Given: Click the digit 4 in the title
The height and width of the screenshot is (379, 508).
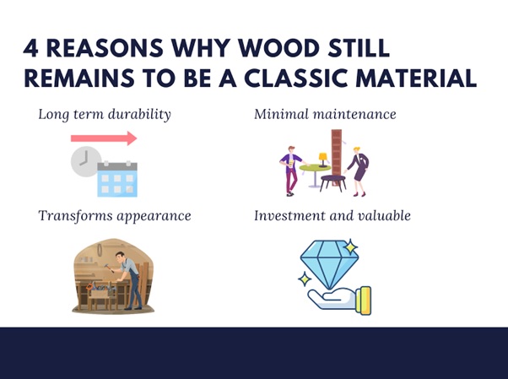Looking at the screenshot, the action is [x=30, y=48].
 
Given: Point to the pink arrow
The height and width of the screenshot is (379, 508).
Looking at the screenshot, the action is [x=104, y=138].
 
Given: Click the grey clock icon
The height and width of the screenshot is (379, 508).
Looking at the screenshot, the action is [x=85, y=161].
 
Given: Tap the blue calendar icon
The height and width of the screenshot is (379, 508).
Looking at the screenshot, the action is [x=117, y=179].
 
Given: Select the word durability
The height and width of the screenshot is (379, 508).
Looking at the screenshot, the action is [x=139, y=115].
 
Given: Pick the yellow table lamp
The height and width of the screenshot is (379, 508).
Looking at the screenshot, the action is [x=323, y=160].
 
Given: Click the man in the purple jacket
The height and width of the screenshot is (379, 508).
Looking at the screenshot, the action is [x=291, y=171].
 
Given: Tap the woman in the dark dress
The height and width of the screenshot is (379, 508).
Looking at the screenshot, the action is [x=359, y=171].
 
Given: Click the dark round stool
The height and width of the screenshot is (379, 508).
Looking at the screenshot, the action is [x=332, y=182].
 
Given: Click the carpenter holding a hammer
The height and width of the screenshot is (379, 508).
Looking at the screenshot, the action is [x=129, y=279].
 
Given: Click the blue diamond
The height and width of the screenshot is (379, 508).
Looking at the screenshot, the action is [x=329, y=263].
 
